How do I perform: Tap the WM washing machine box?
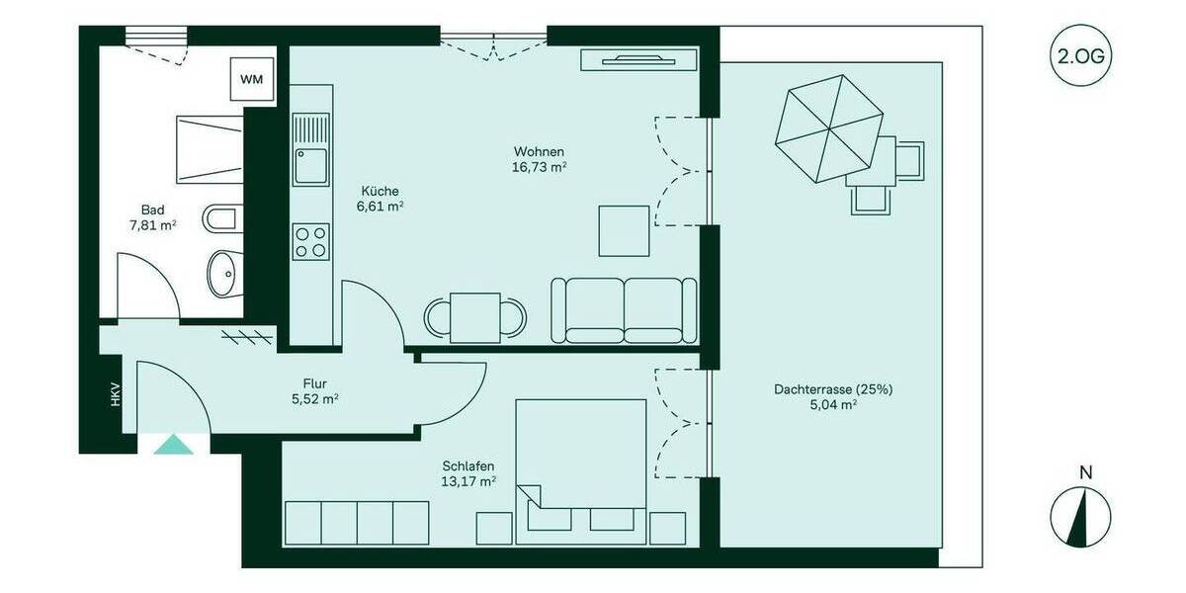252,79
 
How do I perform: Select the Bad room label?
152,210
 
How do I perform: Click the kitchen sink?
310,162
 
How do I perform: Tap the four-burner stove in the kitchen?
310,241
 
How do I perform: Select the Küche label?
381,191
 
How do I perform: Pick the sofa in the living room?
624,310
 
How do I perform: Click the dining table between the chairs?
475,317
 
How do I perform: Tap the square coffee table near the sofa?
624,230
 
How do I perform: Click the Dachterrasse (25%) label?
833,389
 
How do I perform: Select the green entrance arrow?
174,445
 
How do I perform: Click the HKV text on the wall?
115,395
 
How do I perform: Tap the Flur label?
315,383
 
